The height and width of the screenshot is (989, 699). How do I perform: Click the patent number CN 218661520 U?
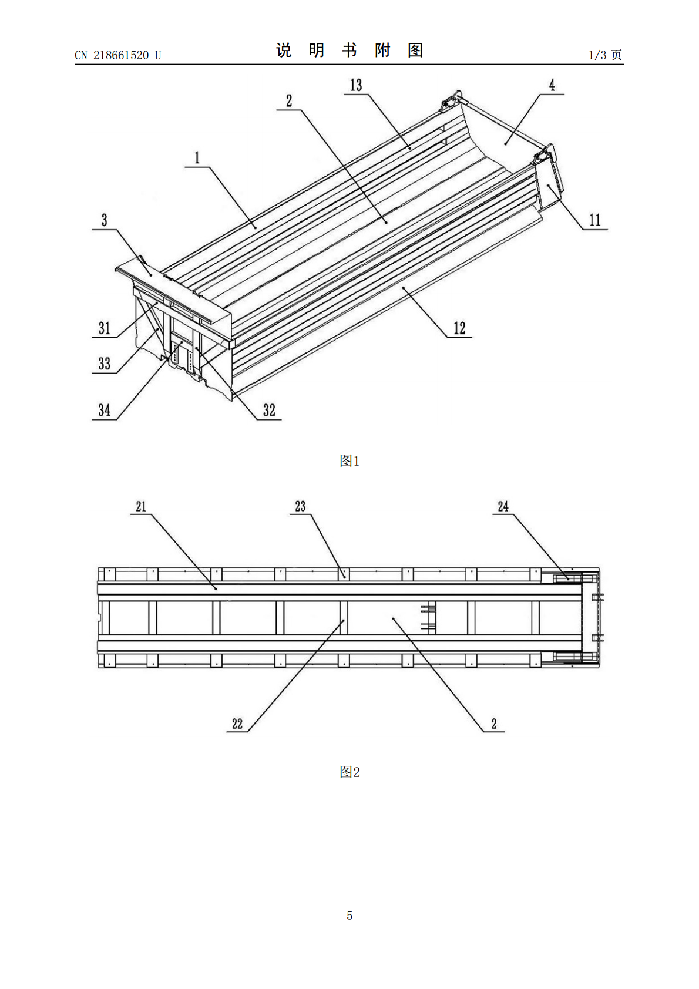tap(118, 55)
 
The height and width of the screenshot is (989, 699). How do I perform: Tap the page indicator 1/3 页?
tap(605, 55)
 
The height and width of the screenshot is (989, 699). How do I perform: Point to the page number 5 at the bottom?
tap(349, 915)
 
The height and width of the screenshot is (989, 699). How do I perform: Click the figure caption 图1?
tap(349, 461)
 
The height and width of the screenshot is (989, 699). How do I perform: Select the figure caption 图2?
tap(349, 772)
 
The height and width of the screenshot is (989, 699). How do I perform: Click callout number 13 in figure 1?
tap(356, 85)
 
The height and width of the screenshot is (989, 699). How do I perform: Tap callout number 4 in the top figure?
tap(552, 85)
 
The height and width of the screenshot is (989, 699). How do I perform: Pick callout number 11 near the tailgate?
tap(595, 220)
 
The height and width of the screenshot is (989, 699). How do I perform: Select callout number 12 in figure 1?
tap(459, 328)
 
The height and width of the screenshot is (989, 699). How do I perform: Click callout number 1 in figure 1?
tap(197, 157)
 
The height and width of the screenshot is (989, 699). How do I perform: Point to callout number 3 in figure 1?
tap(104, 220)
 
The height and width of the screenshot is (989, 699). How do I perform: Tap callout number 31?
tap(104, 328)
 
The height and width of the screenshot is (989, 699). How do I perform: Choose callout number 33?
tap(104, 364)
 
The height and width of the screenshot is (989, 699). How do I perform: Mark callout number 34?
tap(104, 410)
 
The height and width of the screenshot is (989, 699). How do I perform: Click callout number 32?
tap(269, 410)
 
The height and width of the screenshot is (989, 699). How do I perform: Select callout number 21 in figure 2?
tap(141, 506)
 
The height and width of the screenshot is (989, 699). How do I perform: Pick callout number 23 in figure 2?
tap(300, 506)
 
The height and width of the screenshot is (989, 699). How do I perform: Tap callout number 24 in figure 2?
tap(503, 506)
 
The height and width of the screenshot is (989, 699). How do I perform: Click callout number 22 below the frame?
tap(237, 724)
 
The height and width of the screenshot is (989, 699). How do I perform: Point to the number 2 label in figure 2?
tap(494, 724)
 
